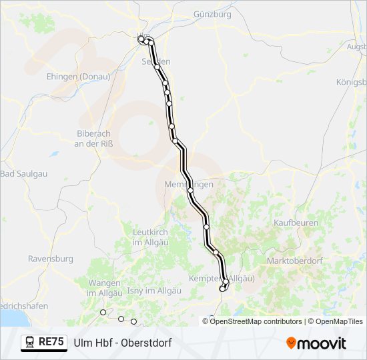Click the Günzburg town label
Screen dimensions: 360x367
[212, 14]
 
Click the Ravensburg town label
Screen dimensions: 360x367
[50, 258]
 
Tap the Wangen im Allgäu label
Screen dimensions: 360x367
[104, 287]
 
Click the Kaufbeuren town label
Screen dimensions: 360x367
[296, 223]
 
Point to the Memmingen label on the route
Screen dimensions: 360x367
[189, 183]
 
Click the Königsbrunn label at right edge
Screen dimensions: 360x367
[351, 82]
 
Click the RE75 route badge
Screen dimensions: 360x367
[51, 343]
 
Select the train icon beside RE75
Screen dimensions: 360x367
[30, 343]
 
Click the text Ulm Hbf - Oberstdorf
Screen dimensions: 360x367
[123, 343]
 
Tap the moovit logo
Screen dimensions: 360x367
[316, 343]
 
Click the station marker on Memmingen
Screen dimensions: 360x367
[190, 191]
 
